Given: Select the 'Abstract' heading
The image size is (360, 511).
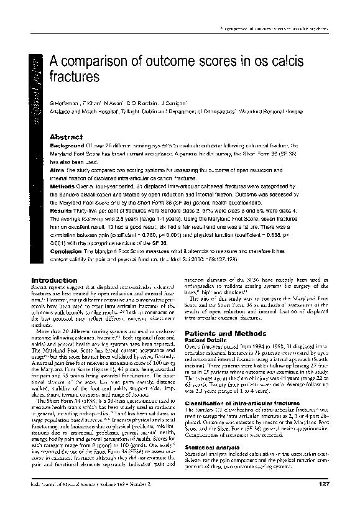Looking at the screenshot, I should point(66,136).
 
